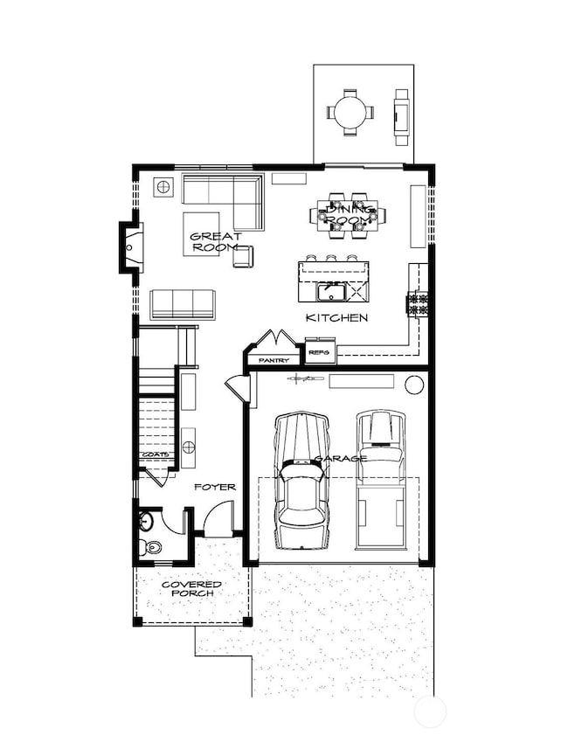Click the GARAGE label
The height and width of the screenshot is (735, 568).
tap(341, 458)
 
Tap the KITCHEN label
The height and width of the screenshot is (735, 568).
tap(336, 318)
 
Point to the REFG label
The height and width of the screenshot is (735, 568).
tap(319, 352)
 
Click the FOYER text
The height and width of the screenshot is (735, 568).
tap(215, 486)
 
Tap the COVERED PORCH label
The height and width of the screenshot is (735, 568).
tap(191, 588)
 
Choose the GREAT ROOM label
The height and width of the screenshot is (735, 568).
tap(214, 242)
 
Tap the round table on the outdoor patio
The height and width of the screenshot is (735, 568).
tap(350, 112)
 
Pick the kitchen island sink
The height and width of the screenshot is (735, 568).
tap(330, 289)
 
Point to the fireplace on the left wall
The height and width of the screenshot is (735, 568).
tap(130, 247)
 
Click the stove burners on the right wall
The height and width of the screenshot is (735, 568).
tap(418, 304)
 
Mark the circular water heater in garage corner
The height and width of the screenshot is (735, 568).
tap(414, 383)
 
